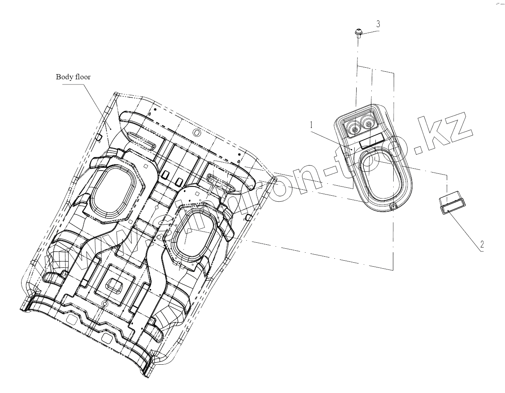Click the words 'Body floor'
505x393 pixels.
73,77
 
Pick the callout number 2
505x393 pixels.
482,244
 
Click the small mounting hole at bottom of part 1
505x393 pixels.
392,205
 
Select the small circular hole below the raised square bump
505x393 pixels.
105,304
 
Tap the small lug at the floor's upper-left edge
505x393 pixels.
97,137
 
